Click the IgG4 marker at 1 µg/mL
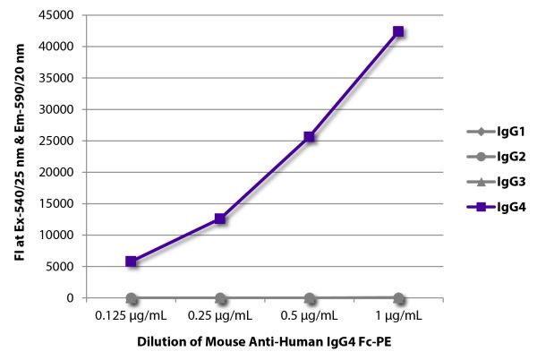(398, 31)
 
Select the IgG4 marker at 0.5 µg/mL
(309, 137)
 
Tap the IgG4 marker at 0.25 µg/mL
(220, 219)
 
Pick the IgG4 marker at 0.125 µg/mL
(132, 261)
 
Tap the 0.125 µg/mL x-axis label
(132, 315)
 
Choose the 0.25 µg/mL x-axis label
(220, 315)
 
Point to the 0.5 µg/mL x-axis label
(309, 315)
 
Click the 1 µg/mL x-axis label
(398, 315)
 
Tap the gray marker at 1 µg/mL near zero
(398, 297)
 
